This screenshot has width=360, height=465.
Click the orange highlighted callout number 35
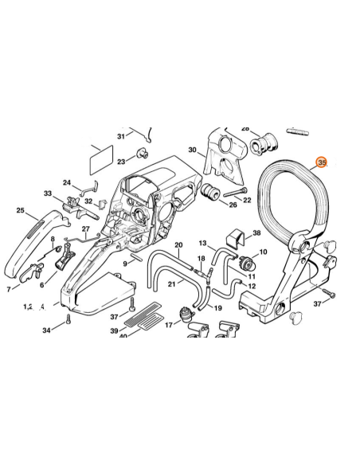(x=321, y=163)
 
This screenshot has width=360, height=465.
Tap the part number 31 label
(x=121, y=136)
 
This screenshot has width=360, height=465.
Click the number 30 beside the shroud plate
(x=192, y=150)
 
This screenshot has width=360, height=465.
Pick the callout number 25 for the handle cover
(x=20, y=210)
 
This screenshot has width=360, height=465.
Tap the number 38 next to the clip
(x=256, y=234)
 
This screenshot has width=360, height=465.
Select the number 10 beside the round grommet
(x=263, y=252)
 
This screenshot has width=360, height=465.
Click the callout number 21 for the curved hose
(x=171, y=283)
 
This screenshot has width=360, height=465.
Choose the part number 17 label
(x=169, y=325)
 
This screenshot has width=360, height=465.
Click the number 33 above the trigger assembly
(x=48, y=193)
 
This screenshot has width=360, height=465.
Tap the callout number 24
(x=67, y=182)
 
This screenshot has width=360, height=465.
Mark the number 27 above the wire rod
(x=85, y=229)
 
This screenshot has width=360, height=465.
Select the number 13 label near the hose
(x=202, y=243)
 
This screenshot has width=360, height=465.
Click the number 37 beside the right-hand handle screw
(x=317, y=304)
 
